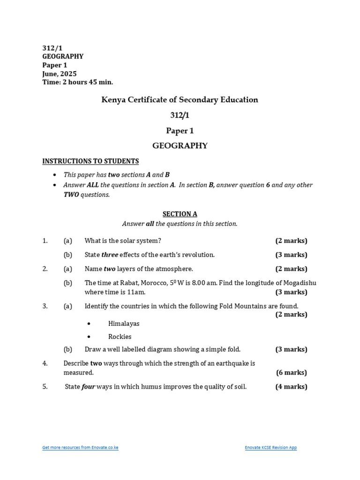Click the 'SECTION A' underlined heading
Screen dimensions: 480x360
[x=180, y=214]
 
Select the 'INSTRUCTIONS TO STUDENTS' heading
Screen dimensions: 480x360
[x=90, y=161]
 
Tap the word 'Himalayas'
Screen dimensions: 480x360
[x=124, y=323]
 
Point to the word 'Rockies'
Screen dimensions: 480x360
[x=120, y=337]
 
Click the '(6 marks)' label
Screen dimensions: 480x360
[x=292, y=373]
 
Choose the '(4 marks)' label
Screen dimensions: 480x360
[x=292, y=387]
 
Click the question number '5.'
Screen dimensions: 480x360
[x=45, y=387]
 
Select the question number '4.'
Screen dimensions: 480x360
[x=45, y=363]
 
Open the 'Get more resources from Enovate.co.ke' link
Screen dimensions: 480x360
[x=80, y=448]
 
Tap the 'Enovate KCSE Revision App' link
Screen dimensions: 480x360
[x=270, y=448]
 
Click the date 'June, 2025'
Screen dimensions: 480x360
[x=60, y=74]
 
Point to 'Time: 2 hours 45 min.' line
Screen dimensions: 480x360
[x=78, y=82]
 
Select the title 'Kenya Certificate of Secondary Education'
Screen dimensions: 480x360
[x=180, y=100]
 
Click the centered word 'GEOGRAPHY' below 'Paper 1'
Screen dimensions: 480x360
[x=180, y=146]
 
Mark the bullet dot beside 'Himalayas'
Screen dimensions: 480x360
[x=89, y=324]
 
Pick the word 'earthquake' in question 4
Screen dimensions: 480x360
[x=233, y=363]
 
